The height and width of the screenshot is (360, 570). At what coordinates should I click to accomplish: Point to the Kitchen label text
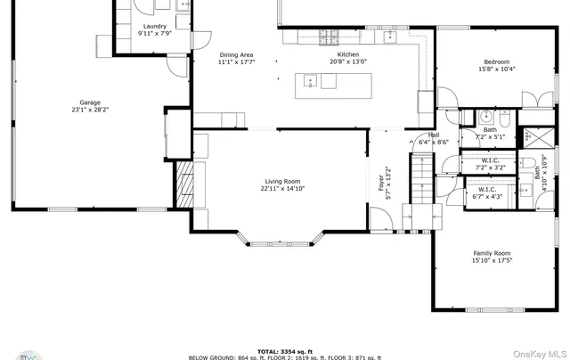click(348, 55)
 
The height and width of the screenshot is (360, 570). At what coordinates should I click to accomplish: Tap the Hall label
click(435, 135)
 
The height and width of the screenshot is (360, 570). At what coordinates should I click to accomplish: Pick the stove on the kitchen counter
click(329, 37)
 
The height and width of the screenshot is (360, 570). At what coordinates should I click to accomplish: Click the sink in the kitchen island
click(310, 81)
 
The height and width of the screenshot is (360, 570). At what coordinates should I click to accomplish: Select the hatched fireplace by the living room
click(183, 184)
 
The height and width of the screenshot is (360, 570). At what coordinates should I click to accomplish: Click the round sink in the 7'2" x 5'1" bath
click(486, 117)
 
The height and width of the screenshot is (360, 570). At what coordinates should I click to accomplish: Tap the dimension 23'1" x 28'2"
click(89, 110)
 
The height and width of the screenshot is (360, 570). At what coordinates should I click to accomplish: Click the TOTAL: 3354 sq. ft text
click(285, 351)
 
